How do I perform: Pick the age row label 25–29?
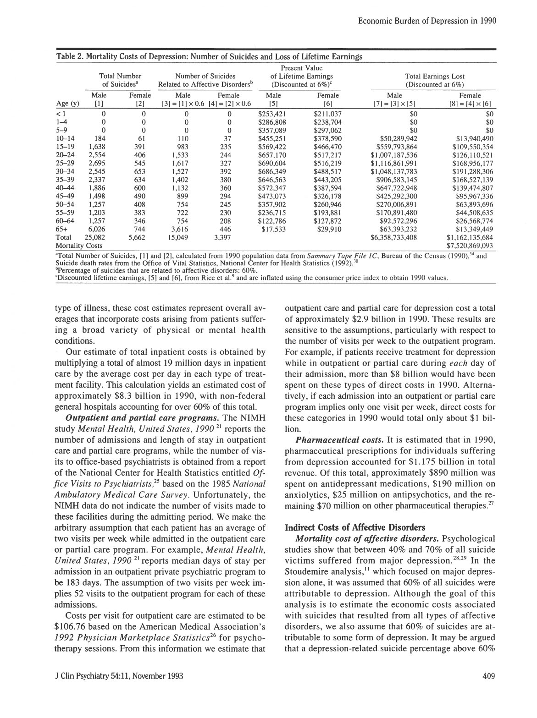tap(66, 163)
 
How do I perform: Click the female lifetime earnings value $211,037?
tap(327, 114)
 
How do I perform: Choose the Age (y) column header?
tap(67, 104)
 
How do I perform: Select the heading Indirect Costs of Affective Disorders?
tap(355, 527)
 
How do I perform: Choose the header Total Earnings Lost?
tap(435, 77)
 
